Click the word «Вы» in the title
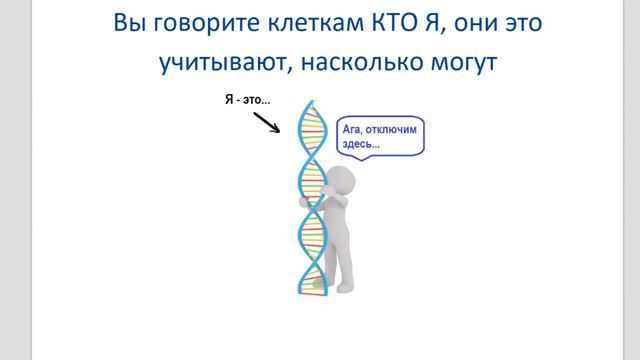(129, 22)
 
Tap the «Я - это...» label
(247, 101)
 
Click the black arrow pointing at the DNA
(267, 123)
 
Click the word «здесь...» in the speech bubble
(361, 144)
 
